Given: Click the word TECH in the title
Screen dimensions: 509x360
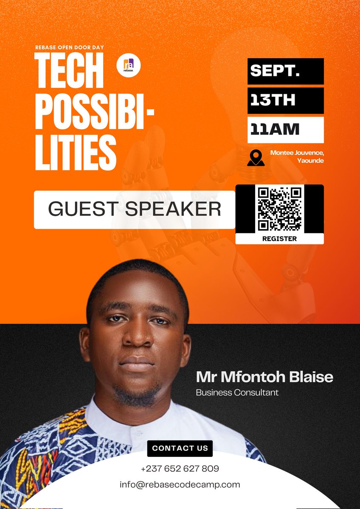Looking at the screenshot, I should coord(69,76).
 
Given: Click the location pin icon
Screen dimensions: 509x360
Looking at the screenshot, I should coord(256,157).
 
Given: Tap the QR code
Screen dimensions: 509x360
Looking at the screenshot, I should coord(280,209).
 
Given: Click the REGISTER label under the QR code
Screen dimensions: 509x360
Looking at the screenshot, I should coord(279,238).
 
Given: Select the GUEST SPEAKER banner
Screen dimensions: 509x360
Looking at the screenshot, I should coord(135,210).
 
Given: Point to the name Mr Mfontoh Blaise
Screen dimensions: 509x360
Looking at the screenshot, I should coord(264,377).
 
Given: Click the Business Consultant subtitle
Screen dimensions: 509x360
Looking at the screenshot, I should coord(237,392).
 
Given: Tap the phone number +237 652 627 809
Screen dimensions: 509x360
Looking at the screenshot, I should coord(180,469).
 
